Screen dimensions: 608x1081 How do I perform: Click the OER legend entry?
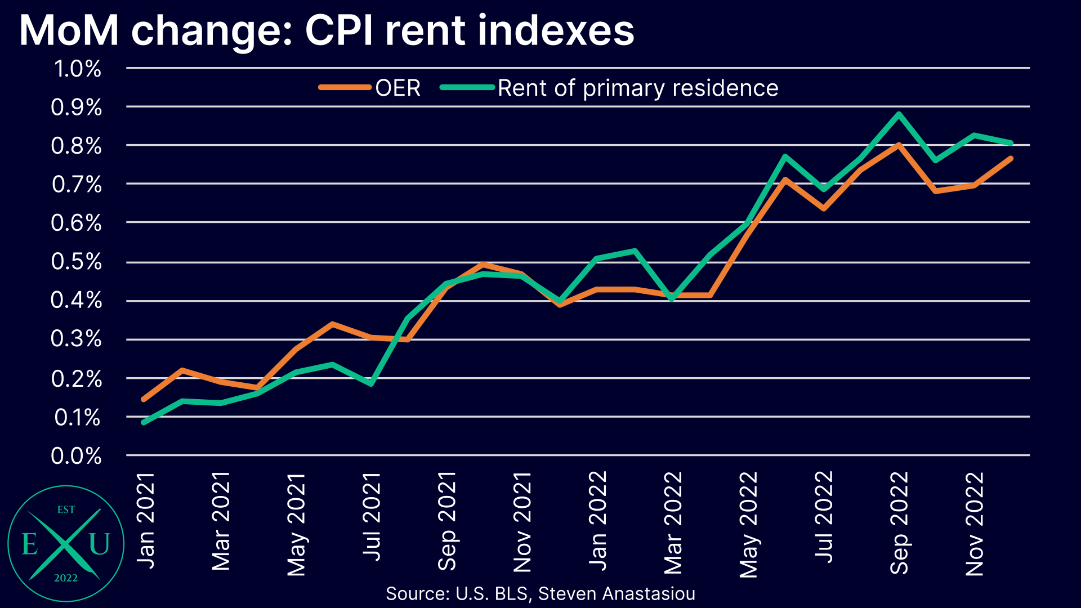click(397, 88)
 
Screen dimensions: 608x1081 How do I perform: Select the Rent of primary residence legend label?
click(637, 88)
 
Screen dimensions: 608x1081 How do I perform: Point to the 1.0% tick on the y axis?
click(78, 69)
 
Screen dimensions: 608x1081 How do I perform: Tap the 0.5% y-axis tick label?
click(77, 262)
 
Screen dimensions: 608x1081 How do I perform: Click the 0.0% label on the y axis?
click(77, 455)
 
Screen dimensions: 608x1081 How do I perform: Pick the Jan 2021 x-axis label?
click(146, 521)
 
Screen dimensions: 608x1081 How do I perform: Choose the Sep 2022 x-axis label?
click(899, 522)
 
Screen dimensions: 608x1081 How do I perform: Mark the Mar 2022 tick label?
click(673, 522)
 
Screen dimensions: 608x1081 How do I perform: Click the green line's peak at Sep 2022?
click(899, 114)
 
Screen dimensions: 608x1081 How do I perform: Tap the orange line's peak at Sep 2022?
click(899, 145)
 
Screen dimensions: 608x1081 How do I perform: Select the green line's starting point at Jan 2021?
click(144, 422)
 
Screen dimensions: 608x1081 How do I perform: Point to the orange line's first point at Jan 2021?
click(144, 399)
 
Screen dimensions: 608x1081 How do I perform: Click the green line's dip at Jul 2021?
click(371, 384)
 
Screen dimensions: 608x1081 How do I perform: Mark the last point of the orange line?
click(1011, 159)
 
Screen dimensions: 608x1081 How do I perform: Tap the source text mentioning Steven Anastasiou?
click(617, 593)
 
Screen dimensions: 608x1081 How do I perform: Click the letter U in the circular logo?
click(99, 544)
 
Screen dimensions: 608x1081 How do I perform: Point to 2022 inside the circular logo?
click(66, 578)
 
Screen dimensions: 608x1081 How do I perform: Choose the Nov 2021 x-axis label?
click(522, 522)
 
